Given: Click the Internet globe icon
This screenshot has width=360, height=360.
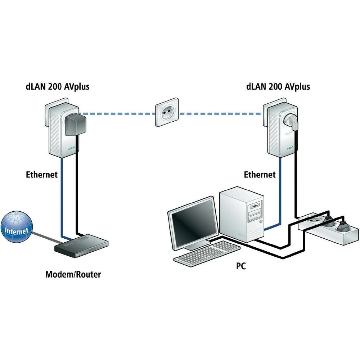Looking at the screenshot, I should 17,228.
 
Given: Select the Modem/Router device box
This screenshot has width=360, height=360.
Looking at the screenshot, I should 81,245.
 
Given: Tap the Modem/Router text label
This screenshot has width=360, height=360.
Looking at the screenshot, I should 73,274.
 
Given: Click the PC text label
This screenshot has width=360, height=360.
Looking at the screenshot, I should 241,266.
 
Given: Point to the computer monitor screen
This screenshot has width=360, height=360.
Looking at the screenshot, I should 193,223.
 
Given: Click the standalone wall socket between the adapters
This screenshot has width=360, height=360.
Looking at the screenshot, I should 167,112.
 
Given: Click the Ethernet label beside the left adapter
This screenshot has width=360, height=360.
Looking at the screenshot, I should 42,175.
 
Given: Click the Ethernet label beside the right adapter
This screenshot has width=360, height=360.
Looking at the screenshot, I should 260,175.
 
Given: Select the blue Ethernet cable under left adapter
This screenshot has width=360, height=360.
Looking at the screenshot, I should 62,198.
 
